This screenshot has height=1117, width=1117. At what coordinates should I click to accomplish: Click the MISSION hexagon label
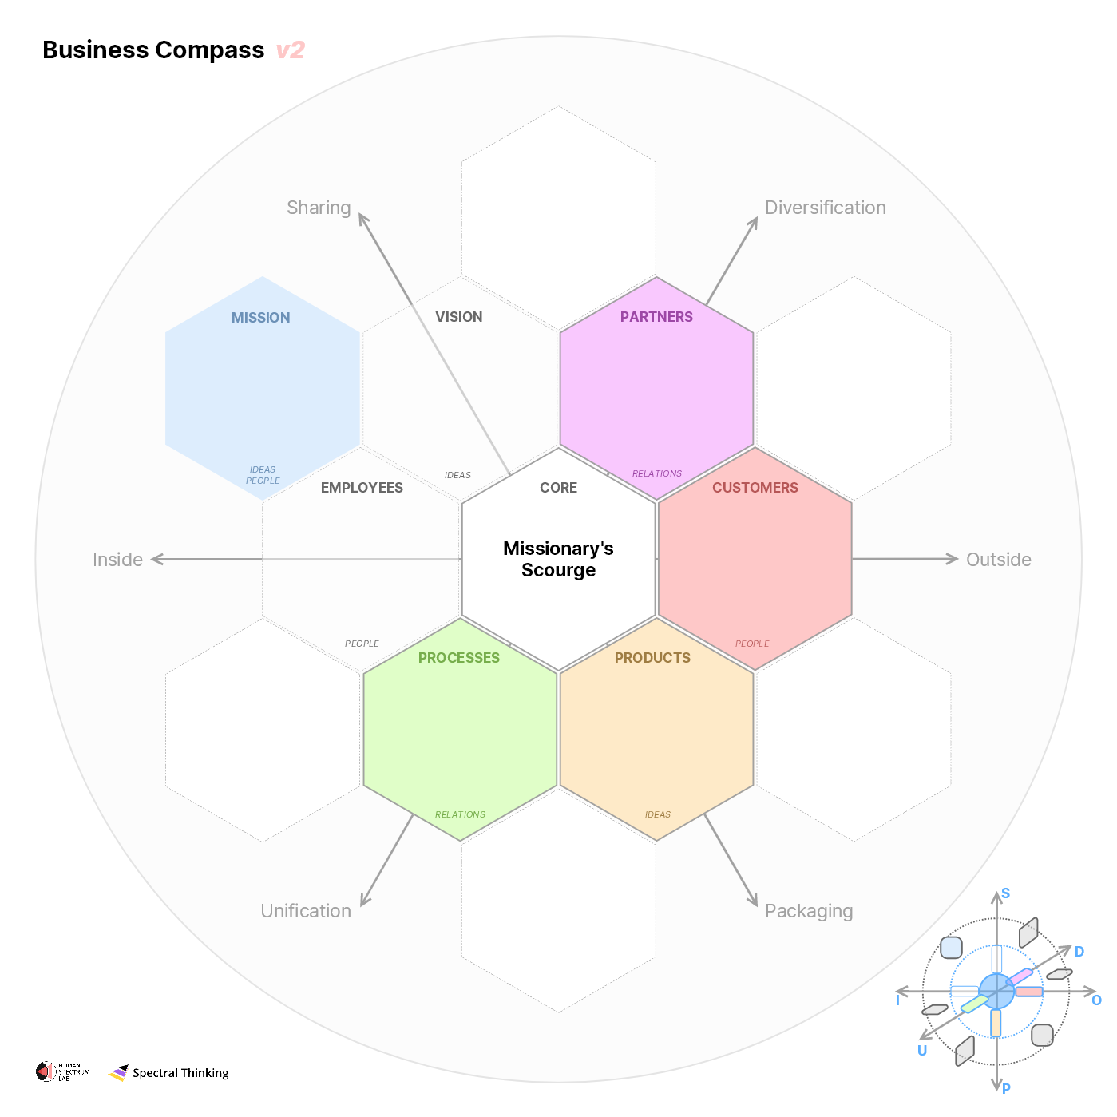(260, 318)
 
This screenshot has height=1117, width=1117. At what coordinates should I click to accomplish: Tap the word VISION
(458, 317)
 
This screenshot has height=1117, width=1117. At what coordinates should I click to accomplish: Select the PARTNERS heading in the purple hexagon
(656, 317)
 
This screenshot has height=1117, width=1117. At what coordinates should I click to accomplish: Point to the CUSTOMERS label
(755, 488)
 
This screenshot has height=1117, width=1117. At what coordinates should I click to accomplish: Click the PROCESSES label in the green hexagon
(458, 658)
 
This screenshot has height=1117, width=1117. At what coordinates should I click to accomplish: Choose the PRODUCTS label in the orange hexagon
(652, 658)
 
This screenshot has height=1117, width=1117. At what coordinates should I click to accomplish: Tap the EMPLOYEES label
(362, 488)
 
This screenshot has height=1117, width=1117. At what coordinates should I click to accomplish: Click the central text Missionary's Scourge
(558, 559)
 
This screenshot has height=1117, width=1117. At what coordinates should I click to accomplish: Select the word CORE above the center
(558, 488)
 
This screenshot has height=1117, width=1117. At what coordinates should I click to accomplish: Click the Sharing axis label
(319, 208)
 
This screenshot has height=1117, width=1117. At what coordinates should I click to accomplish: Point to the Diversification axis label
(825, 208)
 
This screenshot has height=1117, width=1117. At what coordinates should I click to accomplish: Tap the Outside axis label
(998, 560)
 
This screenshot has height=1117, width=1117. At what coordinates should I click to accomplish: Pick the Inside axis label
(117, 560)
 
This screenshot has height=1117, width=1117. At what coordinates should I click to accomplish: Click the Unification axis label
(306, 911)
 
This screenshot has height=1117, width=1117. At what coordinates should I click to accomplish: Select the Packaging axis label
(808, 911)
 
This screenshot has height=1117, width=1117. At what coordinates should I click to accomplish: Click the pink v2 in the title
(290, 50)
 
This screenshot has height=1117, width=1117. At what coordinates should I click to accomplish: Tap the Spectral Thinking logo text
(180, 1073)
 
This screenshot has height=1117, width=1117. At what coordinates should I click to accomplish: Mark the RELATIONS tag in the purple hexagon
(656, 473)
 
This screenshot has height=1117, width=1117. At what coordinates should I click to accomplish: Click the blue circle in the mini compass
(996, 992)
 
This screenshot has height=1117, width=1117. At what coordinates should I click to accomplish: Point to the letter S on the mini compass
(1005, 893)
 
